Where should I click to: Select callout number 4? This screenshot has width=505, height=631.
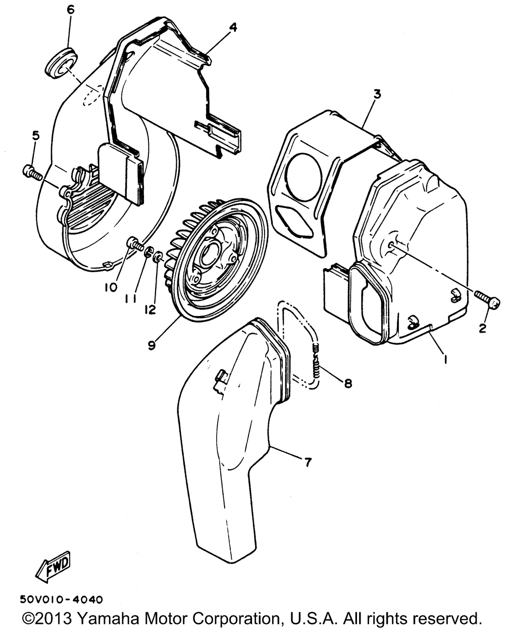[232, 27]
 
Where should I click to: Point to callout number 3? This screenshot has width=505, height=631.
[377, 94]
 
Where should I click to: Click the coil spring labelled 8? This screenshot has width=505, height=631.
[318, 363]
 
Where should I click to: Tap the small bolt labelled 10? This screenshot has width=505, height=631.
[134, 243]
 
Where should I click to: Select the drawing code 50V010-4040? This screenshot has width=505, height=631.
[61, 600]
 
